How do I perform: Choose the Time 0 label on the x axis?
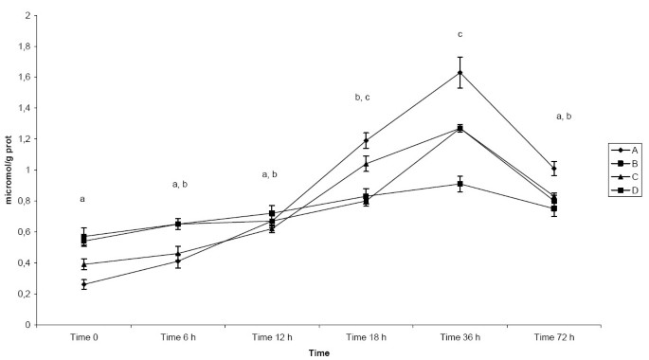pos(83,336)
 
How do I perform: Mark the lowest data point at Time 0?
pos(84,284)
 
